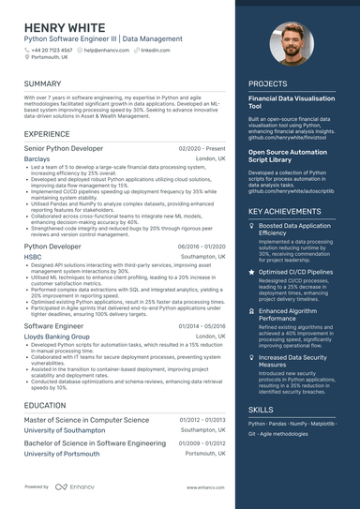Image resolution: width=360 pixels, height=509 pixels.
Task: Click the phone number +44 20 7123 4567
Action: click(x=58, y=50)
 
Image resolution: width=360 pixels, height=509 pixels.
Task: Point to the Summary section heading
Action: click(x=43, y=83)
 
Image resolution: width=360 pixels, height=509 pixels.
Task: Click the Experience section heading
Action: click(x=46, y=134)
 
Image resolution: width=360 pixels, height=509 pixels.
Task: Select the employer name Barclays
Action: click(x=37, y=160)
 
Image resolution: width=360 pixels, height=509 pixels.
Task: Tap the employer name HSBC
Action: click(x=33, y=256)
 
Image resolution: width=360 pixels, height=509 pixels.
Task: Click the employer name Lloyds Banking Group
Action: click(x=57, y=336)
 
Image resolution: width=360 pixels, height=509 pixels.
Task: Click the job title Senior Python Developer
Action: click(x=64, y=149)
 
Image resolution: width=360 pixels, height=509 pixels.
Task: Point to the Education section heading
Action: click(x=45, y=405)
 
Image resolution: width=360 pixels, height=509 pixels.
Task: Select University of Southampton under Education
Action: click(x=63, y=429)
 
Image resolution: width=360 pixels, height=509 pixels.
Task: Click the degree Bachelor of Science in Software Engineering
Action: click(x=95, y=442)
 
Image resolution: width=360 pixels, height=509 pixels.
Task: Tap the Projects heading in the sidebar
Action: click(x=267, y=83)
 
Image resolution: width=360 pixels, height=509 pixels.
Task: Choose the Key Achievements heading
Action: click(x=284, y=211)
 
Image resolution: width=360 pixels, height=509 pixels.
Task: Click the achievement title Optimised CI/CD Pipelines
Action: click(x=295, y=272)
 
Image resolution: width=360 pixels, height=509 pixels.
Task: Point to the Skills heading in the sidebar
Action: click(x=262, y=410)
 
